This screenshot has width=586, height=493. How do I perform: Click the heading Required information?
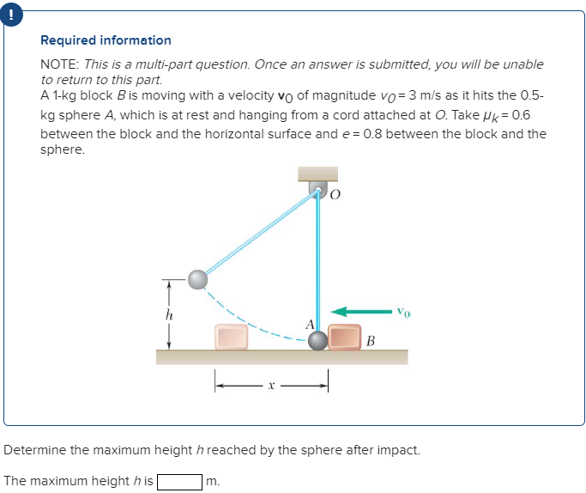tap(106, 40)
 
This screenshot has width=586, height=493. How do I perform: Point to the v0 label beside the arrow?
tap(404, 311)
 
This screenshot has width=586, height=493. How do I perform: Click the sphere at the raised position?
tap(198, 279)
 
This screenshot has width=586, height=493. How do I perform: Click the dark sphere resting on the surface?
tap(318, 340)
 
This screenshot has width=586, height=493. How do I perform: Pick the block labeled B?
tap(345, 338)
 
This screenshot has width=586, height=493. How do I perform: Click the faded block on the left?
tap(231, 337)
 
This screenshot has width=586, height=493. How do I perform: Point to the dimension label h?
tap(169, 313)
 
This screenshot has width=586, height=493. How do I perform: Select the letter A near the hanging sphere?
tap(310, 324)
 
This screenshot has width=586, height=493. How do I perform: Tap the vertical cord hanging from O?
tap(318, 258)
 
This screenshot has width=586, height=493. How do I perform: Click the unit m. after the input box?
tap(214, 481)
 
